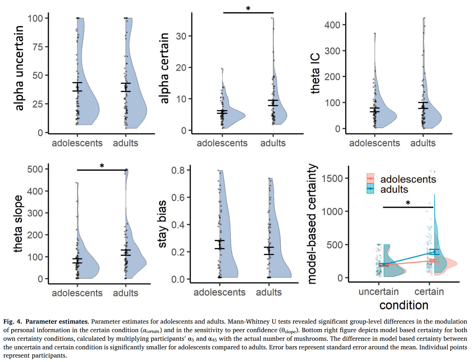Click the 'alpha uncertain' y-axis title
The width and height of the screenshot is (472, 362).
(19, 68)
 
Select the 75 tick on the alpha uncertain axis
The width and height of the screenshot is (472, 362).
(38, 47)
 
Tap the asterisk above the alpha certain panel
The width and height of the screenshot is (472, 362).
(248, 9)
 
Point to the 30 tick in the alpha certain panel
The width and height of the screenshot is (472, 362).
(182, 36)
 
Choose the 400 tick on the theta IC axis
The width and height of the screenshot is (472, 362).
(332, 25)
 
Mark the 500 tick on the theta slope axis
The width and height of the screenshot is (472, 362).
(35, 169)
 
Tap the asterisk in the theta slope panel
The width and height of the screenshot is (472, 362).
(102, 166)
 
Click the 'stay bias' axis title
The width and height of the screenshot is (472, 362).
(162, 224)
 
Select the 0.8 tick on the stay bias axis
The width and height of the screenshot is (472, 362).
(178, 170)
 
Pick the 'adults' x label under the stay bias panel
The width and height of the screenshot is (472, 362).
(269, 292)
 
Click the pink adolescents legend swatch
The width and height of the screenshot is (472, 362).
(370, 179)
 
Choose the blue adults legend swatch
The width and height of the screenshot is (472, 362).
(370, 189)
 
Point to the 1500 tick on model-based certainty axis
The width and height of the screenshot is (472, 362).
(332, 179)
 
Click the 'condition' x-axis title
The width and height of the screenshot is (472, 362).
(404, 305)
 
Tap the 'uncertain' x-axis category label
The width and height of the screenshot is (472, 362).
(378, 292)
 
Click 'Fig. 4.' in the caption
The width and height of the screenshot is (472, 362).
(13, 322)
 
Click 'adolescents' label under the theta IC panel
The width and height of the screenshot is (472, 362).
(374, 143)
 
